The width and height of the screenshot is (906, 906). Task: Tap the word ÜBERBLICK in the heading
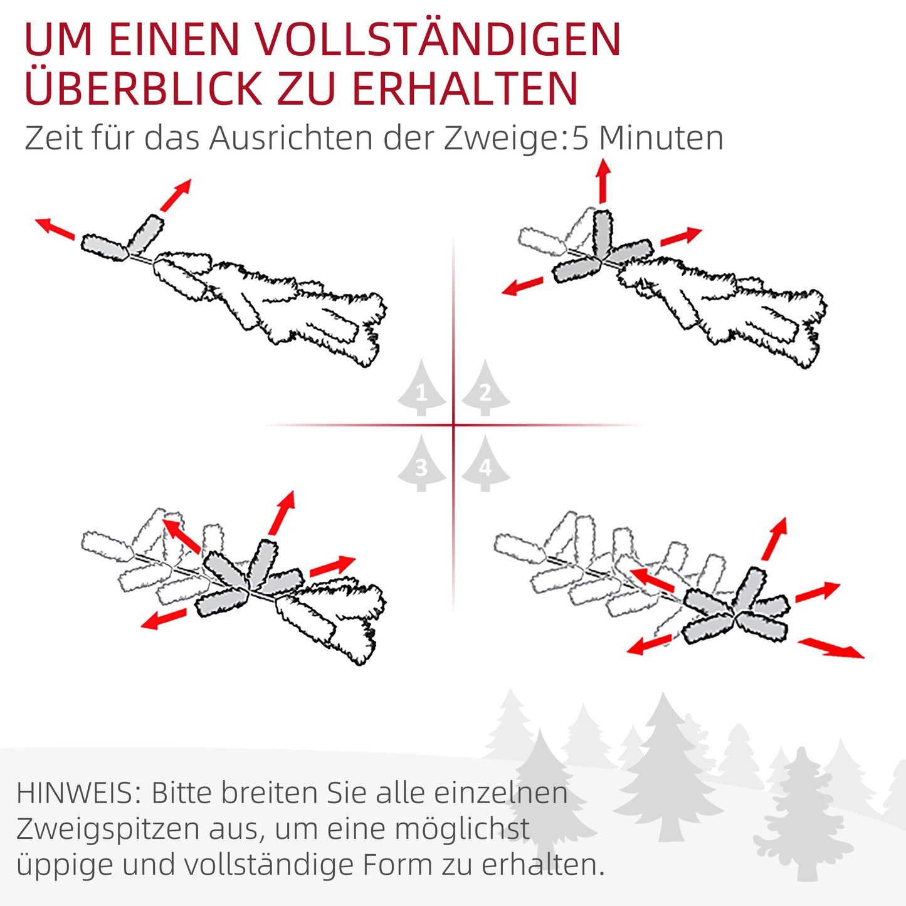pos(143,89)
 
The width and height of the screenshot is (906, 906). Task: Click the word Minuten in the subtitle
pos(661,138)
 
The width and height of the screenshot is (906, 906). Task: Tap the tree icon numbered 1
pos(421,390)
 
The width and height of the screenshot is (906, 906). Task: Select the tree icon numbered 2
pos(485,390)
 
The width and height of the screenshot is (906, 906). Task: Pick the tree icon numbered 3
pos(421,465)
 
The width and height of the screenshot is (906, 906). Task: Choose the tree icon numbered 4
pos(485,465)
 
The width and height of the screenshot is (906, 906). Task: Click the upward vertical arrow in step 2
pos(603,181)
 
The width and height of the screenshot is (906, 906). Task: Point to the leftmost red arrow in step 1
pos(55,228)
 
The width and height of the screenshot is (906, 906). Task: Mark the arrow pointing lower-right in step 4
pos(831,648)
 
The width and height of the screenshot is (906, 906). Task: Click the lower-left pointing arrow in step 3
pos(164,619)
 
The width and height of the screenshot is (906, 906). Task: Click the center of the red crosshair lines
pos(453,425)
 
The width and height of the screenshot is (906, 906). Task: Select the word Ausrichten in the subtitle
pos(291,138)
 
